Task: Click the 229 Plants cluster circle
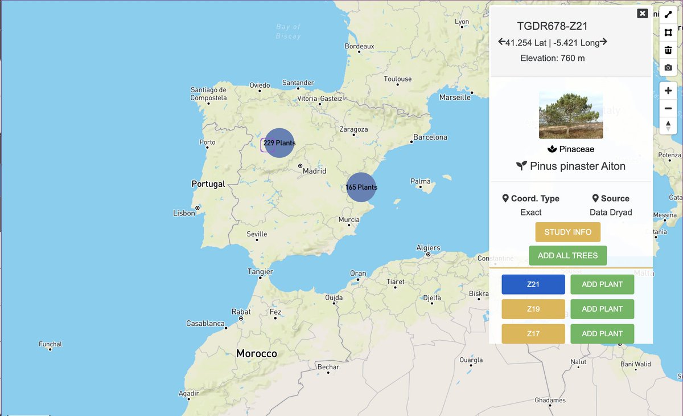pyautogui.click(x=279, y=142)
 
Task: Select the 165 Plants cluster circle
pyautogui.click(x=361, y=187)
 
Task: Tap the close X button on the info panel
pyautogui.click(x=643, y=13)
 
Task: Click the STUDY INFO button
pyautogui.click(x=567, y=232)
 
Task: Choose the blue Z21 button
pyautogui.click(x=533, y=284)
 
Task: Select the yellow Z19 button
pyautogui.click(x=533, y=309)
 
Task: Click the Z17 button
pyautogui.click(x=533, y=333)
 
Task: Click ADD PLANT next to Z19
pyautogui.click(x=602, y=309)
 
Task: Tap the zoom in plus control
pyautogui.click(x=668, y=91)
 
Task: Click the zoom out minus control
pyautogui.click(x=668, y=108)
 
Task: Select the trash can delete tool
pyautogui.click(x=668, y=50)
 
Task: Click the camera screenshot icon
pyautogui.click(x=668, y=68)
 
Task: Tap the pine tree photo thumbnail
pyautogui.click(x=571, y=115)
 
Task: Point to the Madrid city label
pyautogui.click(x=314, y=171)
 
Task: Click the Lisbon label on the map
pyautogui.click(x=184, y=213)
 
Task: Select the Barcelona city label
pyautogui.click(x=430, y=137)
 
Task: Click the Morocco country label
pyautogui.click(x=257, y=354)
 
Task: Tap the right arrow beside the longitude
pyautogui.click(x=603, y=42)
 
